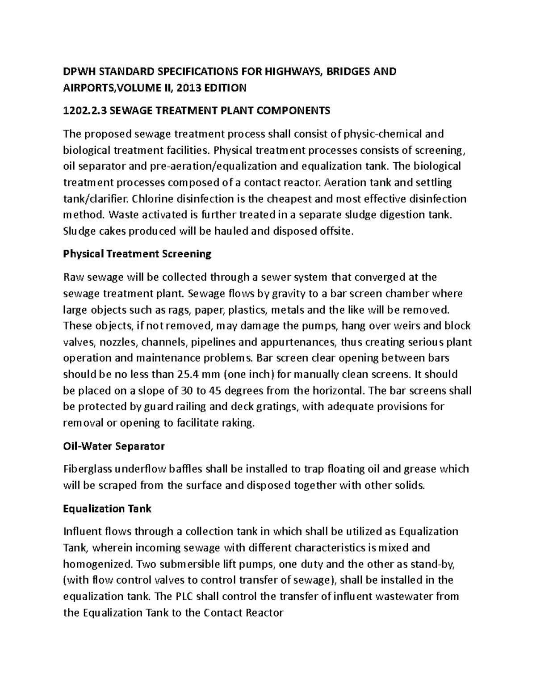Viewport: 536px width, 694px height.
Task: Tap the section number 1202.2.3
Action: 85,110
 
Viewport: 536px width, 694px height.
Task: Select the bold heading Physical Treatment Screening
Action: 137,254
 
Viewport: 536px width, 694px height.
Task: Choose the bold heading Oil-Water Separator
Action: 114,446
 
